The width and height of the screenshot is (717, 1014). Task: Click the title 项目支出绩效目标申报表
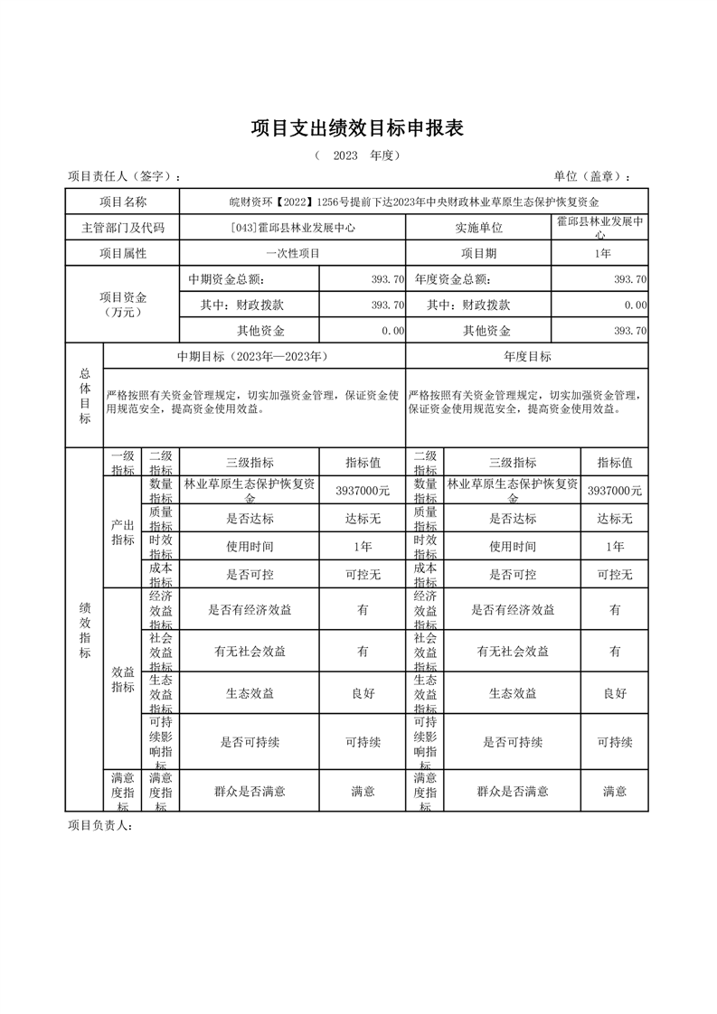coord(357,129)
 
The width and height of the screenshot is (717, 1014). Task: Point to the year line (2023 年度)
coord(357,155)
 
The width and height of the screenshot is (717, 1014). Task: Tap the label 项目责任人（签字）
coord(125,176)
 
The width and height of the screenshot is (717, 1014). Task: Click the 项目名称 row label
coord(123,202)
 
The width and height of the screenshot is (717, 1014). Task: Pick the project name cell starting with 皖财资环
coord(414,202)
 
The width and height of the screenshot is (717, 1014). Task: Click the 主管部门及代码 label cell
coord(123,228)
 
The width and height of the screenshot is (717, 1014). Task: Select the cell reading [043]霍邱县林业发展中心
coord(293,228)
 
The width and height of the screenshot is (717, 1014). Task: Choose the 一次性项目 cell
coord(293,254)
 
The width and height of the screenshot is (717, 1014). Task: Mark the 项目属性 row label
coord(123,254)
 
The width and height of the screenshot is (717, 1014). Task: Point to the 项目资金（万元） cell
coord(123,305)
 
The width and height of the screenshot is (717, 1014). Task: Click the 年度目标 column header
coord(527,356)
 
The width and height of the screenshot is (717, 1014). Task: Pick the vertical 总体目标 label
coord(85,395)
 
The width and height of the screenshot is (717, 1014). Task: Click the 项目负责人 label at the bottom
coord(99,825)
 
